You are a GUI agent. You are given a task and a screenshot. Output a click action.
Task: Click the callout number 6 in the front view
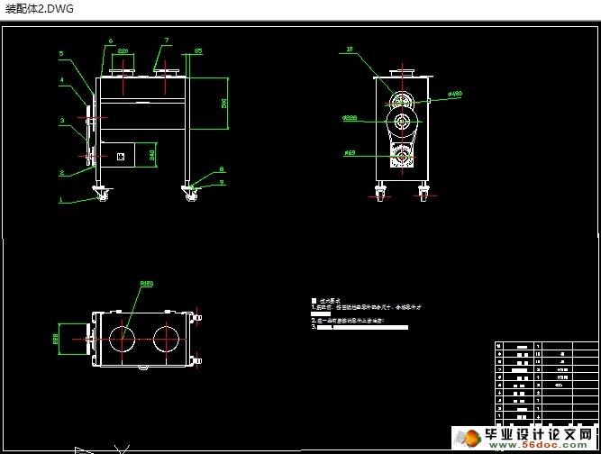point(111,41)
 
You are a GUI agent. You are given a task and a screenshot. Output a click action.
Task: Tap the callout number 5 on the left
point(61,54)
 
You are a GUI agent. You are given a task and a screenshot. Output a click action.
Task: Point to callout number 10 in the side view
point(349,50)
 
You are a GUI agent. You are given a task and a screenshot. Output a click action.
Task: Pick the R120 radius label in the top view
point(145,284)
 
